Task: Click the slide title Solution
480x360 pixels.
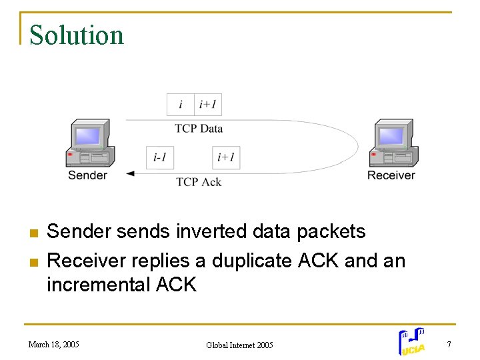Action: pyautogui.click(x=77, y=35)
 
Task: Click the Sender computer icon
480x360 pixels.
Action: pyautogui.click(x=88, y=143)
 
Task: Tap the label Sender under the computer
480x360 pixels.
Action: pyautogui.click(x=87, y=175)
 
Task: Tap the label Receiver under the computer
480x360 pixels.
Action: pyautogui.click(x=391, y=175)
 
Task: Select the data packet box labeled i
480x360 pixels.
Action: pyautogui.click(x=181, y=104)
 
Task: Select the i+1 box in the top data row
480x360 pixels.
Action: pyautogui.click(x=208, y=104)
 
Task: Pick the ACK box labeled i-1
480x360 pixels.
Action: pyautogui.click(x=160, y=157)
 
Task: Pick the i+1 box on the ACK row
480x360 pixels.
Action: pyautogui.click(x=226, y=157)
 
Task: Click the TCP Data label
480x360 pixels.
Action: pyautogui.click(x=199, y=128)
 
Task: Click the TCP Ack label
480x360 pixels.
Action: pyautogui.click(x=199, y=182)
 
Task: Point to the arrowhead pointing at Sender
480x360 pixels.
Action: pyautogui.click(x=130, y=174)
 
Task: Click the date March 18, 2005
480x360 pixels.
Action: pyautogui.click(x=54, y=345)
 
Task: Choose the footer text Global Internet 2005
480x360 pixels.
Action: pyautogui.click(x=239, y=345)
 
